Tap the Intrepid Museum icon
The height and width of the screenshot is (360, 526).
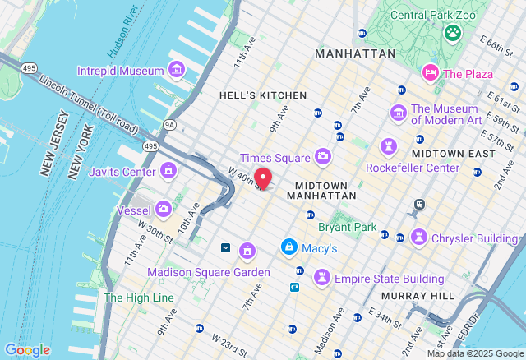coord(176,71)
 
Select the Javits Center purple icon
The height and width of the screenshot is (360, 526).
coord(168,171)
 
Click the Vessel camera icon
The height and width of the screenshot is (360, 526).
coord(164,209)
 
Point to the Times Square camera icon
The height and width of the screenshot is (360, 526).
coord(323,156)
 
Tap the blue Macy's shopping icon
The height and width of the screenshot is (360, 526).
coord(288,247)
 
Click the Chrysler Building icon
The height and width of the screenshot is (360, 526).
coord(419,238)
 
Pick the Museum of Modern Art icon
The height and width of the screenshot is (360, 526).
coord(399,113)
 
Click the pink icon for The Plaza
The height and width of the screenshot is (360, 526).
coord(430,73)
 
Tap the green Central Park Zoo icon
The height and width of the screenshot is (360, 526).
coord(452,33)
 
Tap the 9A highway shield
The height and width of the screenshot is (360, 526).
coord(170,125)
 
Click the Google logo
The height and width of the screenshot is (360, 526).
coord(27,350)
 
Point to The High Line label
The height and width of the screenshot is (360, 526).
coord(139,297)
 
